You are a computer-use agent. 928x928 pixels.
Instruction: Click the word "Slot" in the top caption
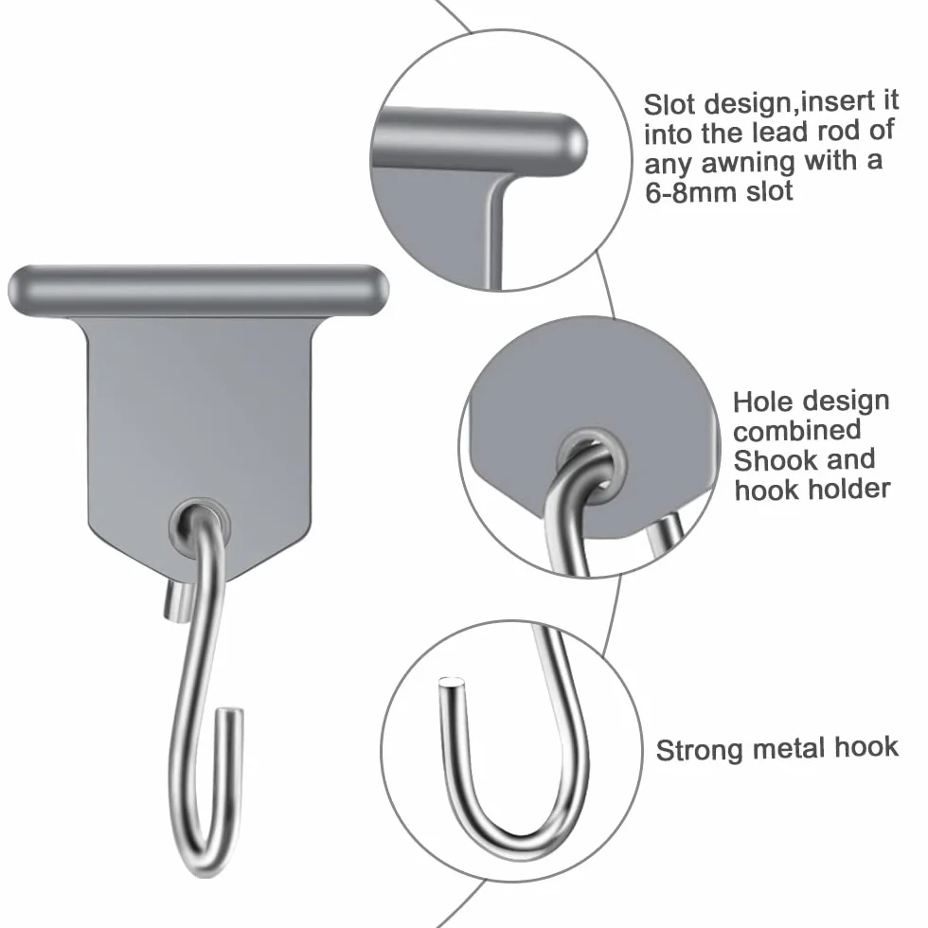(x=669, y=105)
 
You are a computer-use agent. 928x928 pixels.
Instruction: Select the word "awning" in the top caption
(x=748, y=164)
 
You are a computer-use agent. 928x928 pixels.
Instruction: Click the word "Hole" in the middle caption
(x=759, y=402)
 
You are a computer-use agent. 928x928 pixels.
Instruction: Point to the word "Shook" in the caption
(x=769, y=460)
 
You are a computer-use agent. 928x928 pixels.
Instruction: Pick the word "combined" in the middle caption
(x=796, y=432)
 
